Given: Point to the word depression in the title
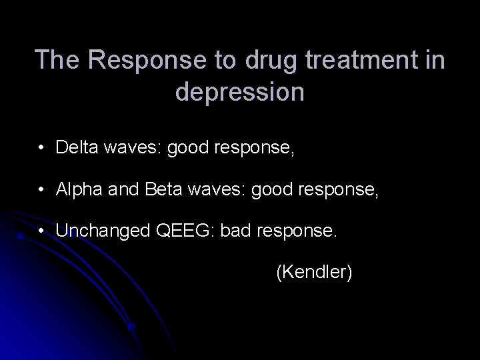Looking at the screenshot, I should click(x=240, y=91).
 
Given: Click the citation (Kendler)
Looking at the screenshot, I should click(x=313, y=272).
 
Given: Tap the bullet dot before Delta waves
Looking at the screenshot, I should click(x=42, y=148).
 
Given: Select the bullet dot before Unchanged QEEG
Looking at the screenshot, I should click(x=42, y=233).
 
